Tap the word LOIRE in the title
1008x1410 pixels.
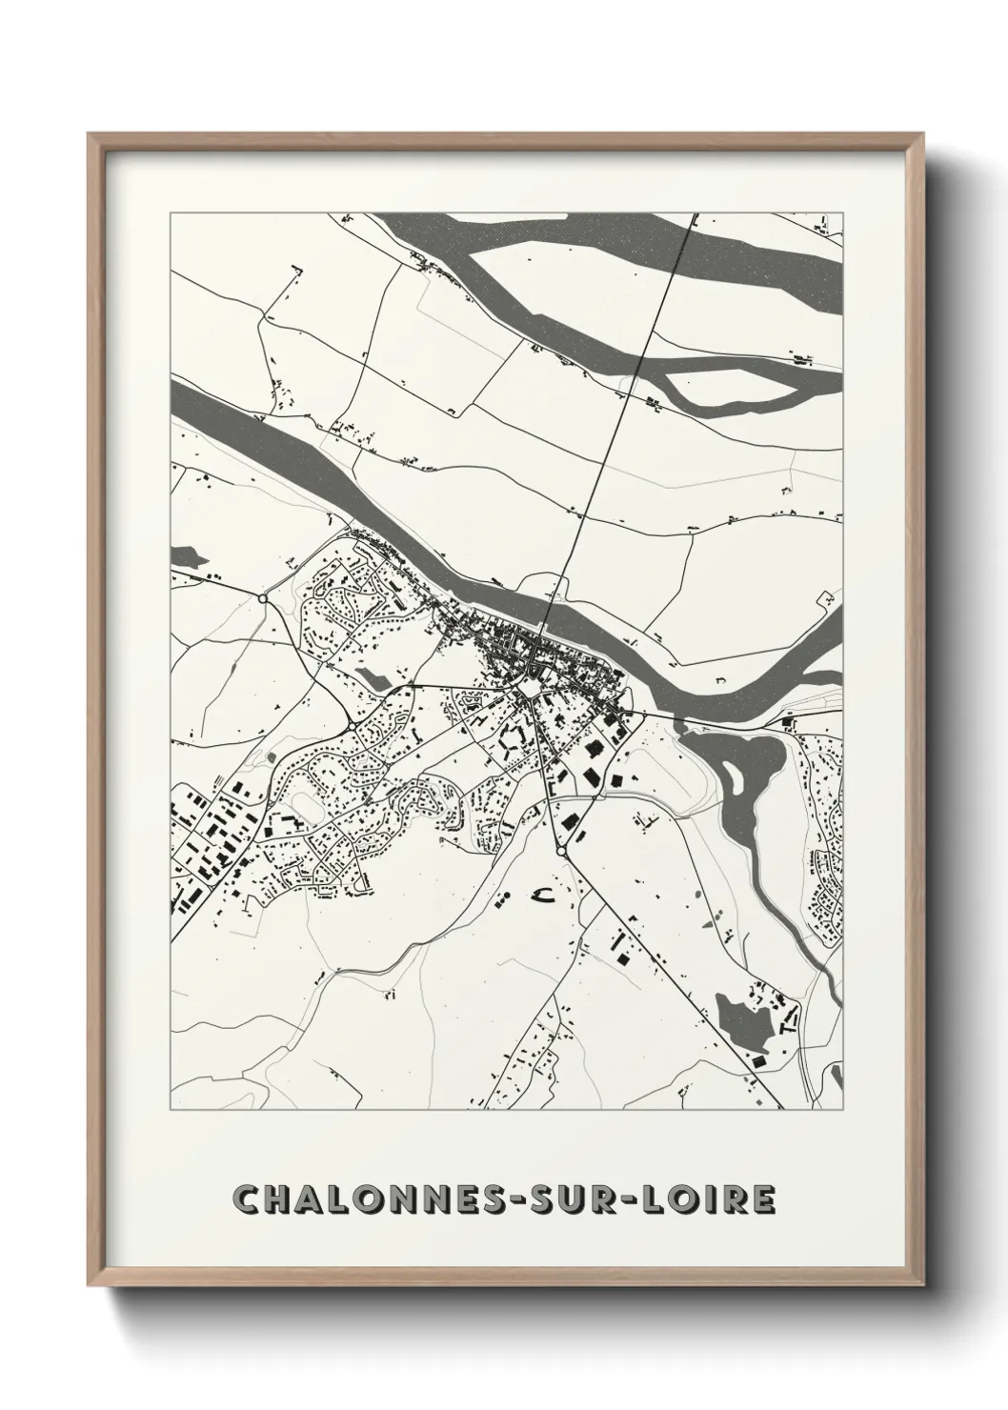pyautogui.click(x=714, y=1199)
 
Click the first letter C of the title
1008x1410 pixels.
pyautogui.click(x=245, y=1199)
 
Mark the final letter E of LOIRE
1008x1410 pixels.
pyautogui.click(x=764, y=1199)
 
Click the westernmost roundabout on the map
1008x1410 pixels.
pyautogui.click(x=262, y=598)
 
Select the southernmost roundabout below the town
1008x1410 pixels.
pyautogui.click(x=561, y=850)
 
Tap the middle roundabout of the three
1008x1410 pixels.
pyautogui.click(x=352, y=727)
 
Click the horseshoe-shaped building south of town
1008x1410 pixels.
pyautogui.click(x=544, y=894)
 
